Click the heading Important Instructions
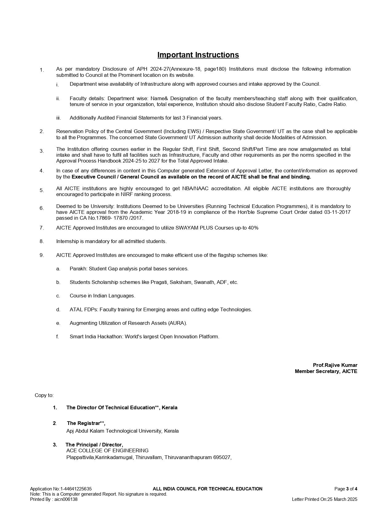coord(198,55)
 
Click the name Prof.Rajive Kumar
coord(335,365)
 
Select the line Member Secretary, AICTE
coord(326,371)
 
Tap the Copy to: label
coord(44,395)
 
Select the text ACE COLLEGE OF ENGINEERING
coord(107,450)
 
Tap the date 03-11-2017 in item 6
coord(337,212)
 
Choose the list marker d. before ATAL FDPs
coord(58,309)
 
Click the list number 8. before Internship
coord(42,241)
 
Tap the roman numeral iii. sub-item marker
coord(58,118)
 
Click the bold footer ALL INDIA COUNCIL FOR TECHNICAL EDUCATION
coord(208,489)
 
